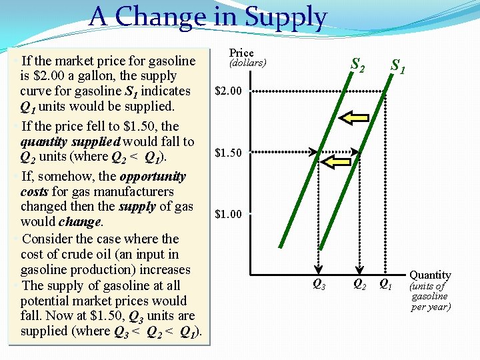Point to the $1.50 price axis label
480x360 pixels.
pos(229,153)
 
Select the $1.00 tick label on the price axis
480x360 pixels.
pos(229,215)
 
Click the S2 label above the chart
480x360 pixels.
pos(358,65)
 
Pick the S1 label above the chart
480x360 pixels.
pos(399,66)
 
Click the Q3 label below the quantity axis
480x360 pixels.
pos(319,285)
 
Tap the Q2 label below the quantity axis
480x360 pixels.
pos(359,285)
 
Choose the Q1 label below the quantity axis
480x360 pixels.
pos(385,285)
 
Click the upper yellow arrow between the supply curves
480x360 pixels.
pos(353,119)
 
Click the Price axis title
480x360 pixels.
pos(241,53)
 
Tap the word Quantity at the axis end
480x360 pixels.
pos(430,275)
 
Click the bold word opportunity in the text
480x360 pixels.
pos(153,177)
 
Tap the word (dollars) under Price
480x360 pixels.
pos(247,63)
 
